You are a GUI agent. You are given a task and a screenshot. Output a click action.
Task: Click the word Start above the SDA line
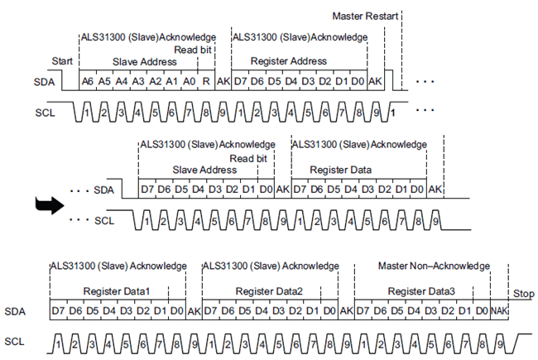63,61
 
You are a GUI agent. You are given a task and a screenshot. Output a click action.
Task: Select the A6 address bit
88,81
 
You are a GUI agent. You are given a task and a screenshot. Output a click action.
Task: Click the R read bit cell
205,81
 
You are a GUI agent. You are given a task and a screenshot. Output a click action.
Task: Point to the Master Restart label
366,16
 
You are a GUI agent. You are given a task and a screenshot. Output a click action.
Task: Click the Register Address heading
288,61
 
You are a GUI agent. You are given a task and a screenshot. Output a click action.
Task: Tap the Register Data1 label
117,291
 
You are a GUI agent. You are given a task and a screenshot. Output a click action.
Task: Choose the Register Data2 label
270,291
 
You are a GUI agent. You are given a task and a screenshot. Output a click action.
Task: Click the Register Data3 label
422,291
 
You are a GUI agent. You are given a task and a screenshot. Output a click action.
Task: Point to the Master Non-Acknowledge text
434,266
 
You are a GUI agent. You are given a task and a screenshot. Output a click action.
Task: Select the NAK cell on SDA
499,310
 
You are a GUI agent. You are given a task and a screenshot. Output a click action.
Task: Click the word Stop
523,294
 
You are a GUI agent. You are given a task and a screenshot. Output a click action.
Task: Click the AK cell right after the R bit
223,81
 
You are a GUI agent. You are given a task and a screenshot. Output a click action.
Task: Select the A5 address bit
104,81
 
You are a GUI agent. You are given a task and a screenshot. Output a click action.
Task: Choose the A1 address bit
171,81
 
